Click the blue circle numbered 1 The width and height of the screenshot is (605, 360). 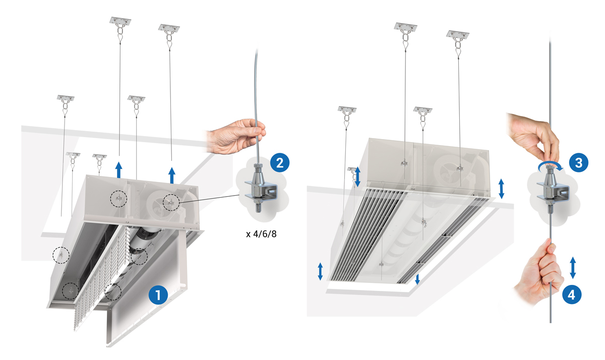(x=158, y=295)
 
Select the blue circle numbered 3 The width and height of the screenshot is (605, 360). (x=579, y=162)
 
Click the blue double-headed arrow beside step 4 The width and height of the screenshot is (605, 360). (x=573, y=267)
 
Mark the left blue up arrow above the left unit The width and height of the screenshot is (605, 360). (x=119, y=170)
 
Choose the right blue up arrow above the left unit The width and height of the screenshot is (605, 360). (x=172, y=175)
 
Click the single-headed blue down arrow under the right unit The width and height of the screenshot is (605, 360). (x=417, y=279)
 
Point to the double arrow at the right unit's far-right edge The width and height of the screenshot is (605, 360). (x=501, y=188)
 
